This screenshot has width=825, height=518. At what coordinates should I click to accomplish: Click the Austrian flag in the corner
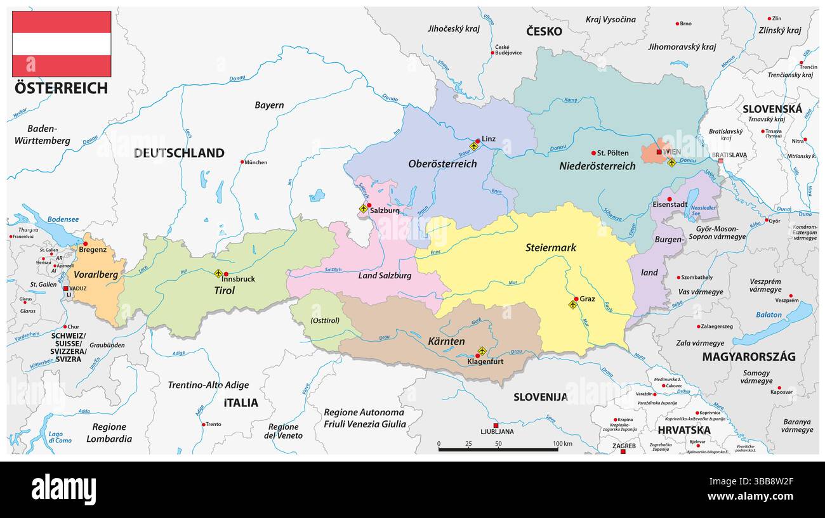(x=62, y=44)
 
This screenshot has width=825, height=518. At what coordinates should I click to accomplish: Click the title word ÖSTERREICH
(x=61, y=88)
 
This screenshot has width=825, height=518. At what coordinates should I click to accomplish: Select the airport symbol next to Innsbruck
(x=218, y=274)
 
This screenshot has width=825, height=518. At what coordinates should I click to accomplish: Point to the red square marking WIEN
(x=659, y=152)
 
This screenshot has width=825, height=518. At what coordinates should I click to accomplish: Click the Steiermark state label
(x=550, y=247)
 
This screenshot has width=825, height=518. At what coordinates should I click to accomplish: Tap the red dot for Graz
(x=576, y=299)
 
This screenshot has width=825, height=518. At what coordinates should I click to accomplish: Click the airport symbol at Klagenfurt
(x=482, y=351)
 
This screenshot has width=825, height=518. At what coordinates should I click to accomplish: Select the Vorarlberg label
(x=96, y=275)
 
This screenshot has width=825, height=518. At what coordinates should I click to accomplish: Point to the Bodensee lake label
(x=62, y=219)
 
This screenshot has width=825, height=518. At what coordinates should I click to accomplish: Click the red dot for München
(x=242, y=162)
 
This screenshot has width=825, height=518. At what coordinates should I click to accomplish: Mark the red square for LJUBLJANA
(x=496, y=425)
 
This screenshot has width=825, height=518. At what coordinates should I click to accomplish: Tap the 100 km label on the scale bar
(x=562, y=443)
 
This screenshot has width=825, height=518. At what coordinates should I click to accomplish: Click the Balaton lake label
(x=769, y=314)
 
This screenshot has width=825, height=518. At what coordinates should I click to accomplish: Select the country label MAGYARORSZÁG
(x=748, y=356)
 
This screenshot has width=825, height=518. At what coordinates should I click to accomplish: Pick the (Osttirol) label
(x=325, y=320)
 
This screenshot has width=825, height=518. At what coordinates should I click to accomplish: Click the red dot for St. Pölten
(x=593, y=153)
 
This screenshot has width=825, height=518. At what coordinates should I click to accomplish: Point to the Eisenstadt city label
(x=670, y=205)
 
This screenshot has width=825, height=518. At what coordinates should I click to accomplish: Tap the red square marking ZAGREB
(x=623, y=451)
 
